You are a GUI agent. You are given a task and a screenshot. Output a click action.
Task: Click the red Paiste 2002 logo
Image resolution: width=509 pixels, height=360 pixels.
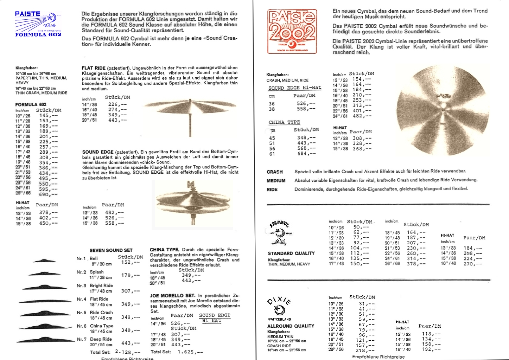click(x=292, y=31)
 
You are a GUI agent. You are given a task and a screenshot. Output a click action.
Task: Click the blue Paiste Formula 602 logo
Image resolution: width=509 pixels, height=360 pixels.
click(x=38, y=24)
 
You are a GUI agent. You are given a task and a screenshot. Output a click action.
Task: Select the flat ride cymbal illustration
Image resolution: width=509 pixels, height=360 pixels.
click(x=190, y=107)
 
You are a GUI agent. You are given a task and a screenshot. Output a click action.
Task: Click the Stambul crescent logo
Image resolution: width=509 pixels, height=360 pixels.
click(x=280, y=232)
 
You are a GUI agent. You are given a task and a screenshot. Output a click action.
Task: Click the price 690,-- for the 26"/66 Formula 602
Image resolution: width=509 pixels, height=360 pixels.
click(x=49, y=194)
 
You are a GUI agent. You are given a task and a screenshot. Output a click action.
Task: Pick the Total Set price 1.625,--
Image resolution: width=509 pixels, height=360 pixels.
click(x=190, y=352)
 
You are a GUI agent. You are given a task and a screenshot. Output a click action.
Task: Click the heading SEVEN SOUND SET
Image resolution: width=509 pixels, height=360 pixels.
click(x=111, y=250)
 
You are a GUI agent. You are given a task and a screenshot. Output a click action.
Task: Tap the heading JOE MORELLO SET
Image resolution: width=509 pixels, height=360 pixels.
click(x=172, y=296)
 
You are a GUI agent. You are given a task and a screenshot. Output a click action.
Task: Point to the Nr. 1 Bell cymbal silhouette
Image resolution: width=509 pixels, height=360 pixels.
click(x=44, y=261)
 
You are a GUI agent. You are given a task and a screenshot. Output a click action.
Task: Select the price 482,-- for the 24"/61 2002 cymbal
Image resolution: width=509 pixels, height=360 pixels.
click(x=362, y=116)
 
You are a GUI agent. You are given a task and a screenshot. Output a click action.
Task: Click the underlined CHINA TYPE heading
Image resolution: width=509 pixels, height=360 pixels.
click(x=284, y=122)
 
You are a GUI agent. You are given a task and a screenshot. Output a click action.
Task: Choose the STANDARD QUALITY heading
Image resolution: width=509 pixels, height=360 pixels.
click(x=291, y=253)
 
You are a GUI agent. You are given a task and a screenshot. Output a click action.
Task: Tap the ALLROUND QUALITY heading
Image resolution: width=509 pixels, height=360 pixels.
click(x=291, y=326)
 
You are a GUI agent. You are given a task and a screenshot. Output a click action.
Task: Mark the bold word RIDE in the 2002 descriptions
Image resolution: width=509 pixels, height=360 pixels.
click(x=272, y=189)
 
